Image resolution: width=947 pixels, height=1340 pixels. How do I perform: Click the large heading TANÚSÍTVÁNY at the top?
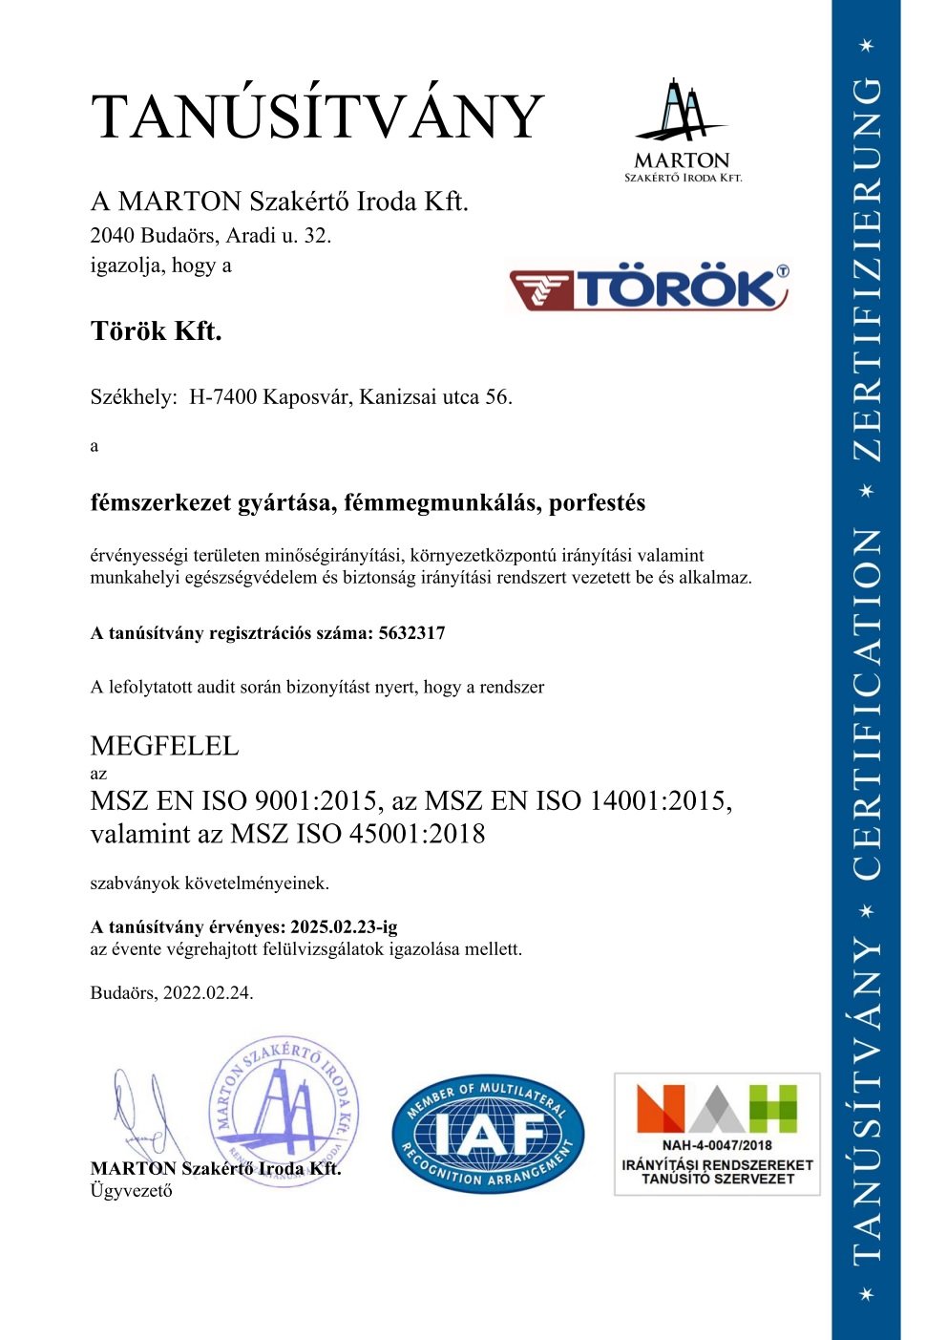tap(317, 117)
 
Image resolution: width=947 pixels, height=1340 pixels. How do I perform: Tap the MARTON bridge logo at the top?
tap(682, 130)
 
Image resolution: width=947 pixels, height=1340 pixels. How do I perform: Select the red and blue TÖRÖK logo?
tap(649, 288)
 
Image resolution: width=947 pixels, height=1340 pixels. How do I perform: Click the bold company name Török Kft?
tap(156, 331)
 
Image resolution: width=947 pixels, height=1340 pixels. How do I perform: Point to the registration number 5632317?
tap(411, 633)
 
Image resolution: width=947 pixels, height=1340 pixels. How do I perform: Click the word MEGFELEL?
tap(164, 746)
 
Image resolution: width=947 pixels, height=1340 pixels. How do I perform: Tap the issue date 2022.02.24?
tap(208, 992)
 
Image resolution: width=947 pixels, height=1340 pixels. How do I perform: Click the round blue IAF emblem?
tap(487, 1134)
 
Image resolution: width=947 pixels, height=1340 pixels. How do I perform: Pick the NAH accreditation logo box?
tap(717, 1134)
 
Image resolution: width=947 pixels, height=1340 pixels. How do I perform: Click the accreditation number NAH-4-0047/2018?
tap(717, 1145)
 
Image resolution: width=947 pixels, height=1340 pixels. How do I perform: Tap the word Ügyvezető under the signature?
tap(131, 1190)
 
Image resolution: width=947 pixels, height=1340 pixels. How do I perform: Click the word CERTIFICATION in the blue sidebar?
tap(866, 704)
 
